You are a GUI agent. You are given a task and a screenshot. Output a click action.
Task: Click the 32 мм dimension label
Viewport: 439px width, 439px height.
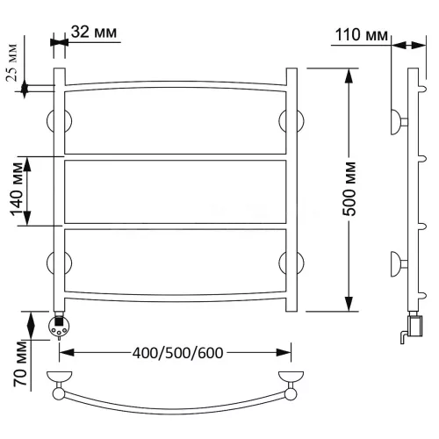[x=94, y=32]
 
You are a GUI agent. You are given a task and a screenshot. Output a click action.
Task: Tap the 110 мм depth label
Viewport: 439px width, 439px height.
[x=361, y=35]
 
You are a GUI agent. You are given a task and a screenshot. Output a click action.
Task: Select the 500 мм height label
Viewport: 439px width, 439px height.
[x=349, y=189]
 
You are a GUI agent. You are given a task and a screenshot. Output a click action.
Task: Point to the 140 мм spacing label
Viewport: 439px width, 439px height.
[x=17, y=189]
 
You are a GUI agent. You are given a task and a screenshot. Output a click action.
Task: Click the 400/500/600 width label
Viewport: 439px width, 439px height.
[x=178, y=353]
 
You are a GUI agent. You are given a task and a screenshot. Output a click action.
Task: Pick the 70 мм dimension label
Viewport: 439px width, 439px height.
[x=20, y=363]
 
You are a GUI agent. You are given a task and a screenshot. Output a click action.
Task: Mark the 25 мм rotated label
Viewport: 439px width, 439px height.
[x=12, y=62]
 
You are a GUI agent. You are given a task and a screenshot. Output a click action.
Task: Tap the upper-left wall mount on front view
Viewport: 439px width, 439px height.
[x=59, y=120]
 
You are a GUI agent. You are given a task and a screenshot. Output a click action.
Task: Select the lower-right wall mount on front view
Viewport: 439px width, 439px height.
[x=291, y=262]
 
